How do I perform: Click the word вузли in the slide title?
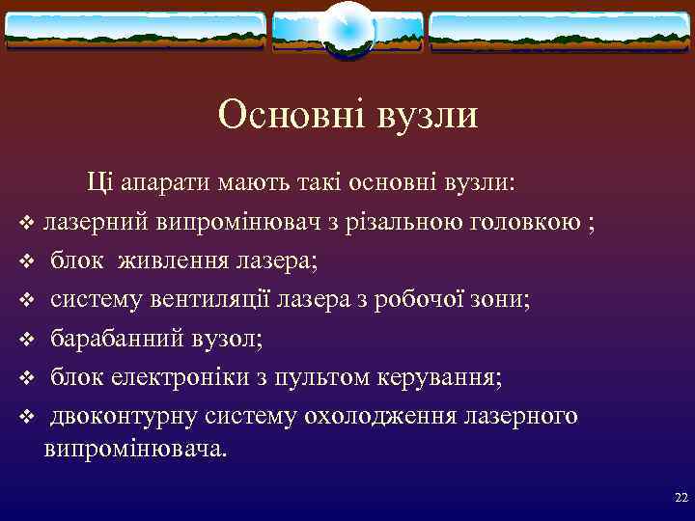(426, 116)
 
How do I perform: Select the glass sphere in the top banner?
(347, 29)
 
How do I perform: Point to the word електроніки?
(156, 376)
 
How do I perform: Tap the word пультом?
(308, 376)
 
